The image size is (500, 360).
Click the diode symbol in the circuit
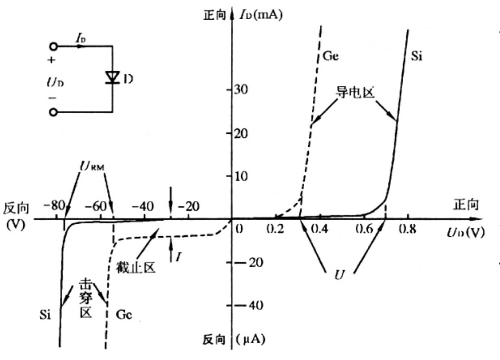(112, 77)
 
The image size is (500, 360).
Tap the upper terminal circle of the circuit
(53, 46)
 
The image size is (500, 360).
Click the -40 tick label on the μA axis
(247, 306)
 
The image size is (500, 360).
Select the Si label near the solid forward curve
(417, 56)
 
